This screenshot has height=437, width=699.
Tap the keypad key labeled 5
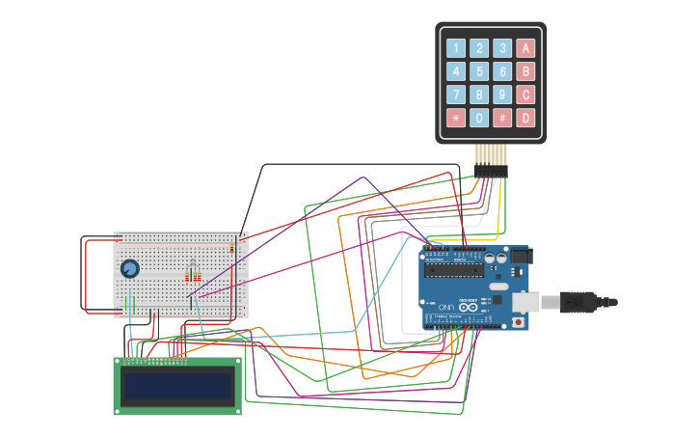(479, 71)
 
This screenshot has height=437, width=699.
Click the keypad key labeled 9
(502, 95)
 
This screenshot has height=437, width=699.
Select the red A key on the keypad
(525, 48)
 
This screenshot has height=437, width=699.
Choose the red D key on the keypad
(525, 118)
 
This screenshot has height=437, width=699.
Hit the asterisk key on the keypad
(456, 118)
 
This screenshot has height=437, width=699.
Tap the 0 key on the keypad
(479, 118)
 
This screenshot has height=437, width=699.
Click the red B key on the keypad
(525, 71)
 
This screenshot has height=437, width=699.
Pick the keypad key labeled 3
(502, 48)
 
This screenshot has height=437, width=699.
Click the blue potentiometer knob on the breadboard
(129, 268)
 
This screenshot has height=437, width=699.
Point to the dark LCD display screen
(178, 387)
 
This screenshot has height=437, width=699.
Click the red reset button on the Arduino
(518, 322)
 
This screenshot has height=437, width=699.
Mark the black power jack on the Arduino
(521, 256)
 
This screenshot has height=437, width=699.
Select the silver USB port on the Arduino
(525, 302)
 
